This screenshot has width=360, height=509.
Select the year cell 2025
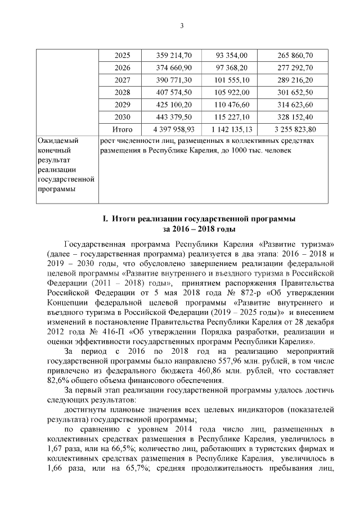pyautogui.click(x=122, y=55)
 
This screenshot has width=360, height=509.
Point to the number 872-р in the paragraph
pyautogui.click(x=243, y=292)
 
